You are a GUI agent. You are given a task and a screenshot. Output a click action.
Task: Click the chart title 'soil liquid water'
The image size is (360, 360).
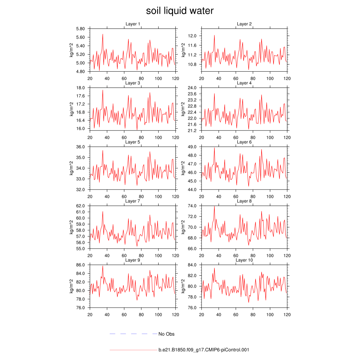(x=180, y=11)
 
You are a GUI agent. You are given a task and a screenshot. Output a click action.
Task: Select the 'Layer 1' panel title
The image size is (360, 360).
(x=133, y=24)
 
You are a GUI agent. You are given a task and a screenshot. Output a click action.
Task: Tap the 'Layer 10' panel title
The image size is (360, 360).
(x=244, y=260)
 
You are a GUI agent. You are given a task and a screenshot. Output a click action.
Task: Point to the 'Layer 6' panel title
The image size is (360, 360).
(x=244, y=142)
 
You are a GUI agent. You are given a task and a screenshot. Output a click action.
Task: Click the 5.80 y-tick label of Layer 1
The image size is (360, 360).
(x=81, y=28)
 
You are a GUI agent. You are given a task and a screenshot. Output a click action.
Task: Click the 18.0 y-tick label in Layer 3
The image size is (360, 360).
(x=82, y=88)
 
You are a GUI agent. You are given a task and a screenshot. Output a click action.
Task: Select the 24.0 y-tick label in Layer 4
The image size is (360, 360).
(x=193, y=88)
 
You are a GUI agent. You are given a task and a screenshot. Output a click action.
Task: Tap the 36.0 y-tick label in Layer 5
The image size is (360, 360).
(x=82, y=147)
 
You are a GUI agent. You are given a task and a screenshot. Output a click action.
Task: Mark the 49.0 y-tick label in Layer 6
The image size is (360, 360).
(x=193, y=147)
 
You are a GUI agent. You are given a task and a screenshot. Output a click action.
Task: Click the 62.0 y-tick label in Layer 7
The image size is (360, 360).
(x=82, y=206)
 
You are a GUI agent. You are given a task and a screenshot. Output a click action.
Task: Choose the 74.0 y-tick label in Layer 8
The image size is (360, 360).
(x=193, y=206)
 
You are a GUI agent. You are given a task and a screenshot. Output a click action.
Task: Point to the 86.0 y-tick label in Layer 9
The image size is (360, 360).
(x=82, y=265)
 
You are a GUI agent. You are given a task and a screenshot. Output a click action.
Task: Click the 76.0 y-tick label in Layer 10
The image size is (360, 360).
(x=193, y=308)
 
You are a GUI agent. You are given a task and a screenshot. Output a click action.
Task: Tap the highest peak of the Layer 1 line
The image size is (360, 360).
(x=103, y=34)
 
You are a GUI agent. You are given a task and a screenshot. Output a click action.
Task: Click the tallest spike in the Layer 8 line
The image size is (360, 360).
(x=214, y=206)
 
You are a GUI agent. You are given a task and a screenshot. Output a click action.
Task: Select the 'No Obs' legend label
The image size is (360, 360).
(x=166, y=334)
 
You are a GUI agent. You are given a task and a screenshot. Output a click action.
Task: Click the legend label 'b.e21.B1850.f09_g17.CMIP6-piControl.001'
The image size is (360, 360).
(x=204, y=350)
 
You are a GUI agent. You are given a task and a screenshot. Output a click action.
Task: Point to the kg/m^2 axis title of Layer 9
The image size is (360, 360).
(x=71, y=286)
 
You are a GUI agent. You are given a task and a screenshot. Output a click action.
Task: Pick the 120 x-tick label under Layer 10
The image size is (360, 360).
(x=287, y=315)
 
